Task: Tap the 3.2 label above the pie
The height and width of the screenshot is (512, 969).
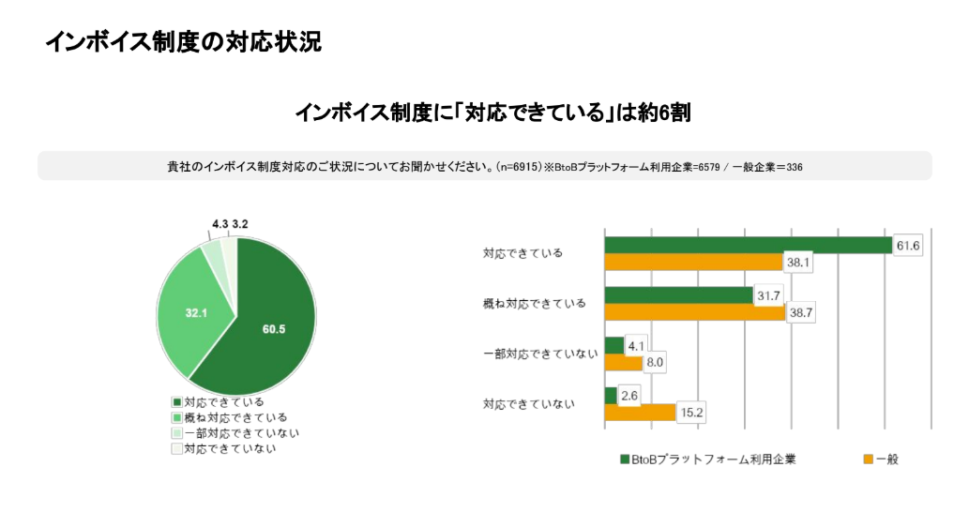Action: pyautogui.click(x=240, y=225)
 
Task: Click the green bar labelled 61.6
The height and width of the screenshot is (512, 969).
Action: pyautogui.click(x=748, y=245)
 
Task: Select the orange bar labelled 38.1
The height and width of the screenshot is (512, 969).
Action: pyautogui.click(x=693, y=262)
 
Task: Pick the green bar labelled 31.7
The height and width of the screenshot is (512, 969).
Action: pyautogui.click(x=678, y=295)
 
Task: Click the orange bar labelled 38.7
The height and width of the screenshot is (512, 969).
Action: pyautogui.click(x=694, y=312)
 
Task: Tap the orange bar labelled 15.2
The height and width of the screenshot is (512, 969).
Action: pyautogui.click(x=640, y=412)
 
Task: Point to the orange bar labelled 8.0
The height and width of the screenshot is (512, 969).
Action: pyautogui.click(x=623, y=362)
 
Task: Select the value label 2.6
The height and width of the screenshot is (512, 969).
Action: pyautogui.click(x=630, y=396)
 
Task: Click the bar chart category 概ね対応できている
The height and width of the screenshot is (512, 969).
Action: pyautogui.click(x=534, y=304)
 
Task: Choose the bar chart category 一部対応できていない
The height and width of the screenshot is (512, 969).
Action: pyautogui.click(x=539, y=354)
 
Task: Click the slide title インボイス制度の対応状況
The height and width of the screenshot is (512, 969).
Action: pyautogui.click(x=183, y=42)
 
